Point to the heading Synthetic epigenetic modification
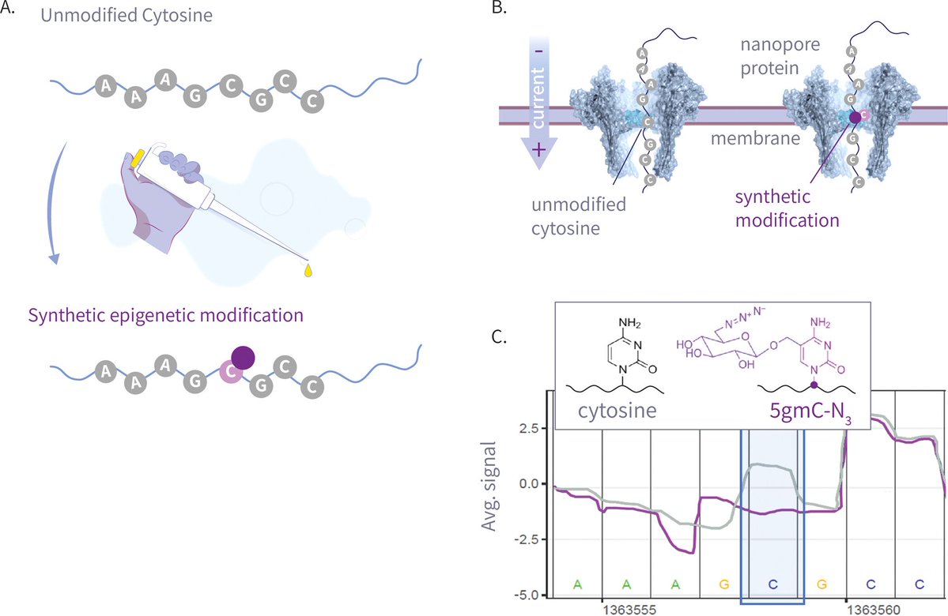166,315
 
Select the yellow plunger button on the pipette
138,157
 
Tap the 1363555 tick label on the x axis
626,610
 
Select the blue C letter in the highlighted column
772,584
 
